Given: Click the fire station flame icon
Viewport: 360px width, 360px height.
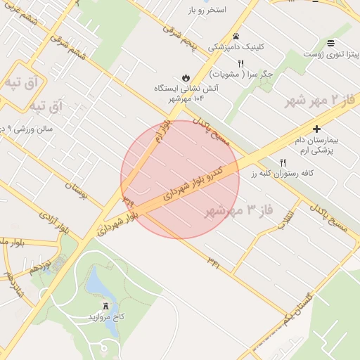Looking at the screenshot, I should click(x=184, y=77).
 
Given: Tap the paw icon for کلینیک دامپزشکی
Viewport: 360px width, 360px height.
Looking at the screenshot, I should click(x=236, y=36).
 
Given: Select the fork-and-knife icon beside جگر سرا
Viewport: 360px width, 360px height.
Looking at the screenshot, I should click(x=240, y=63).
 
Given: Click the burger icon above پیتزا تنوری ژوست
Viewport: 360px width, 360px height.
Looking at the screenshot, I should click(x=330, y=42).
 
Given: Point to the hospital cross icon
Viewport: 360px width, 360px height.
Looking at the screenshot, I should click(x=317, y=129).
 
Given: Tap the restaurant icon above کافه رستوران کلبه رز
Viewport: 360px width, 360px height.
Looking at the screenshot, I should click(x=283, y=162).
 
